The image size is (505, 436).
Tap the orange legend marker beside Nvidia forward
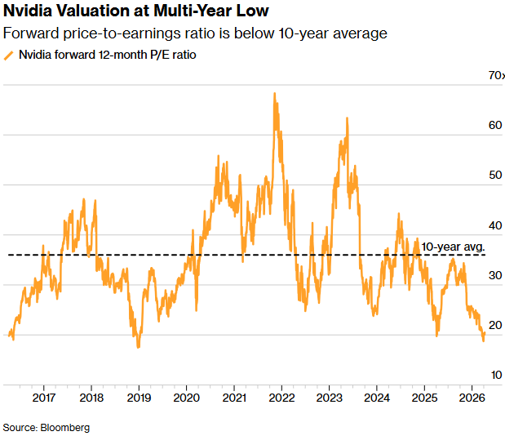[x=9, y=56]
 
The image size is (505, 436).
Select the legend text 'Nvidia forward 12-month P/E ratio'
[x=107, y=56]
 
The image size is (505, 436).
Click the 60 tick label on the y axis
[x=494, y=126]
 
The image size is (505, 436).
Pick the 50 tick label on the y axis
[x=494, y=176]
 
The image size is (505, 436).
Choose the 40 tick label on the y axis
[x=494, y=226]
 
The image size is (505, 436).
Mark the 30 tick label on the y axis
[x=494, y=276]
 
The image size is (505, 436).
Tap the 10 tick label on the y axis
[x=494, y=376]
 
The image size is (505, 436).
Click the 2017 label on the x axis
[x=44, y=398]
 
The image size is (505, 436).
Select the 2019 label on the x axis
[x=139, y=398]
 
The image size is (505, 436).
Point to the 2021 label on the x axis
[x=234, y=398]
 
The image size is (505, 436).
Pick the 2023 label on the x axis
[x=329, y=398]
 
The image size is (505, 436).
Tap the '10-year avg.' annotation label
[x=454, y=247]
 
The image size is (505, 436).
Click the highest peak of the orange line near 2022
[x=274, y=94]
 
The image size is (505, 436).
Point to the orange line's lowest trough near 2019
[x=138, y=347]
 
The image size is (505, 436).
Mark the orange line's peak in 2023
[x=348, y=118]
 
